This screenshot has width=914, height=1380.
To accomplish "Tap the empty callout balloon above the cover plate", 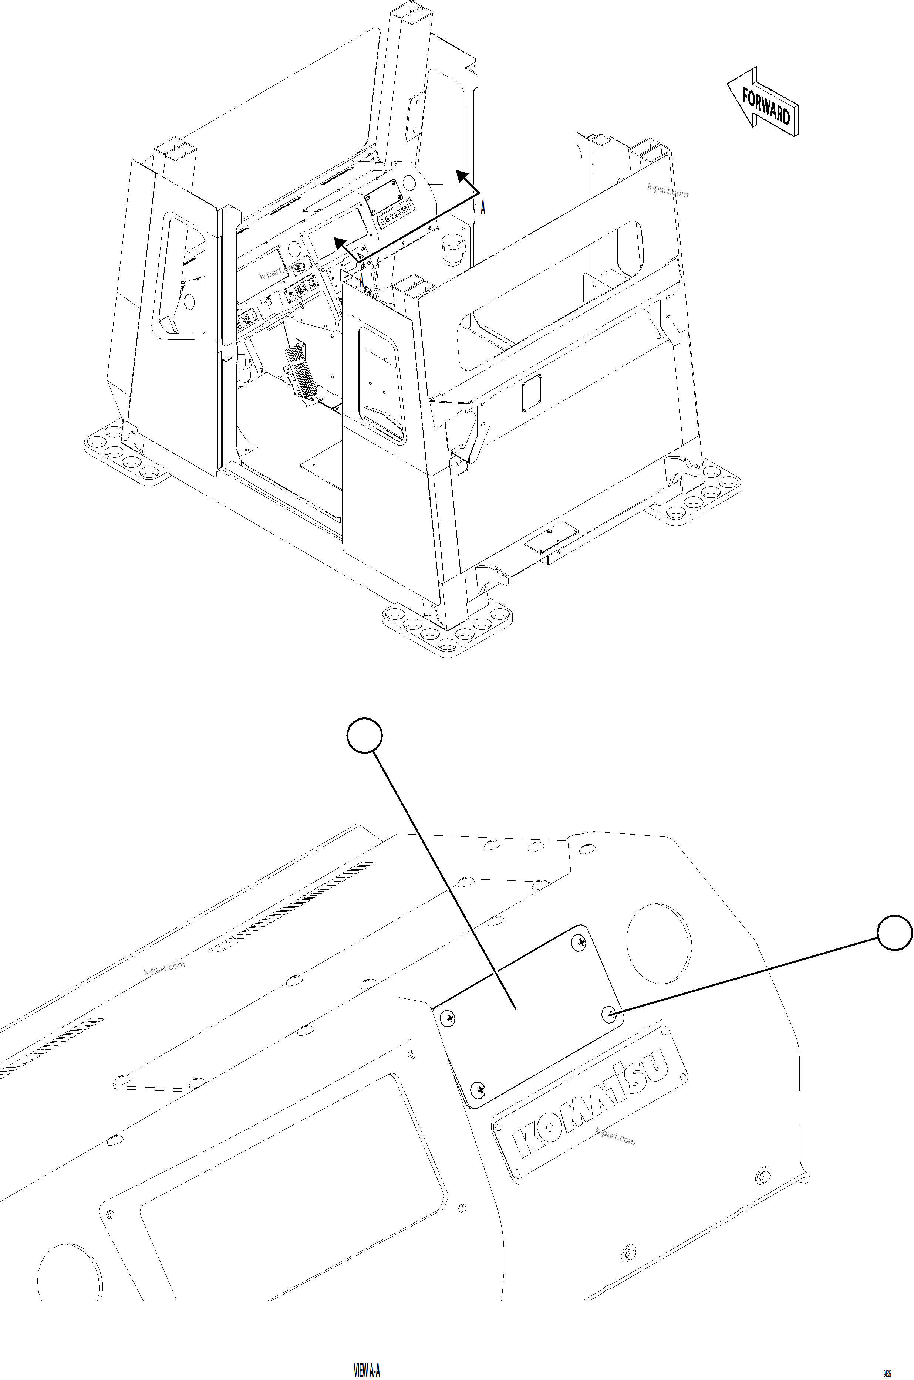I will point(364,736).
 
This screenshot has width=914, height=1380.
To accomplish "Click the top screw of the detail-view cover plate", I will point(580,942).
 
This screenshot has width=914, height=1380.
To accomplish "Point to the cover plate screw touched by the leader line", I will point(608,1014).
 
